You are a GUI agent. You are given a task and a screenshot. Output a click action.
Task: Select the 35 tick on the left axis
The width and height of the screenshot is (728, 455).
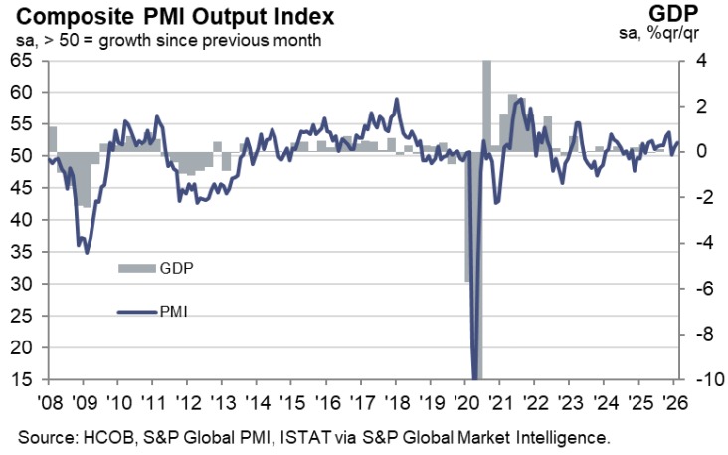[21, 252]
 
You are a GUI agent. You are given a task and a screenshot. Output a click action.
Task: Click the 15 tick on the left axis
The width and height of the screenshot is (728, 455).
[21, 379]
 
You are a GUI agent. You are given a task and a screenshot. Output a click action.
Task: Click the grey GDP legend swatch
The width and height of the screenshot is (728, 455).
[137, 268]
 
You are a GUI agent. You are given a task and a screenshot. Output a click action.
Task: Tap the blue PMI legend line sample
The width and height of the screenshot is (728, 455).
[137, 312]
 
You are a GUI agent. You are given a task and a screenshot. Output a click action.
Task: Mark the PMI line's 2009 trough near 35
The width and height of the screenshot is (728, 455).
[87, 252]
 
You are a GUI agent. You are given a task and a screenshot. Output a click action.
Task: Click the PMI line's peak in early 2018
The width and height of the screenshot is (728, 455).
[397, 99]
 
